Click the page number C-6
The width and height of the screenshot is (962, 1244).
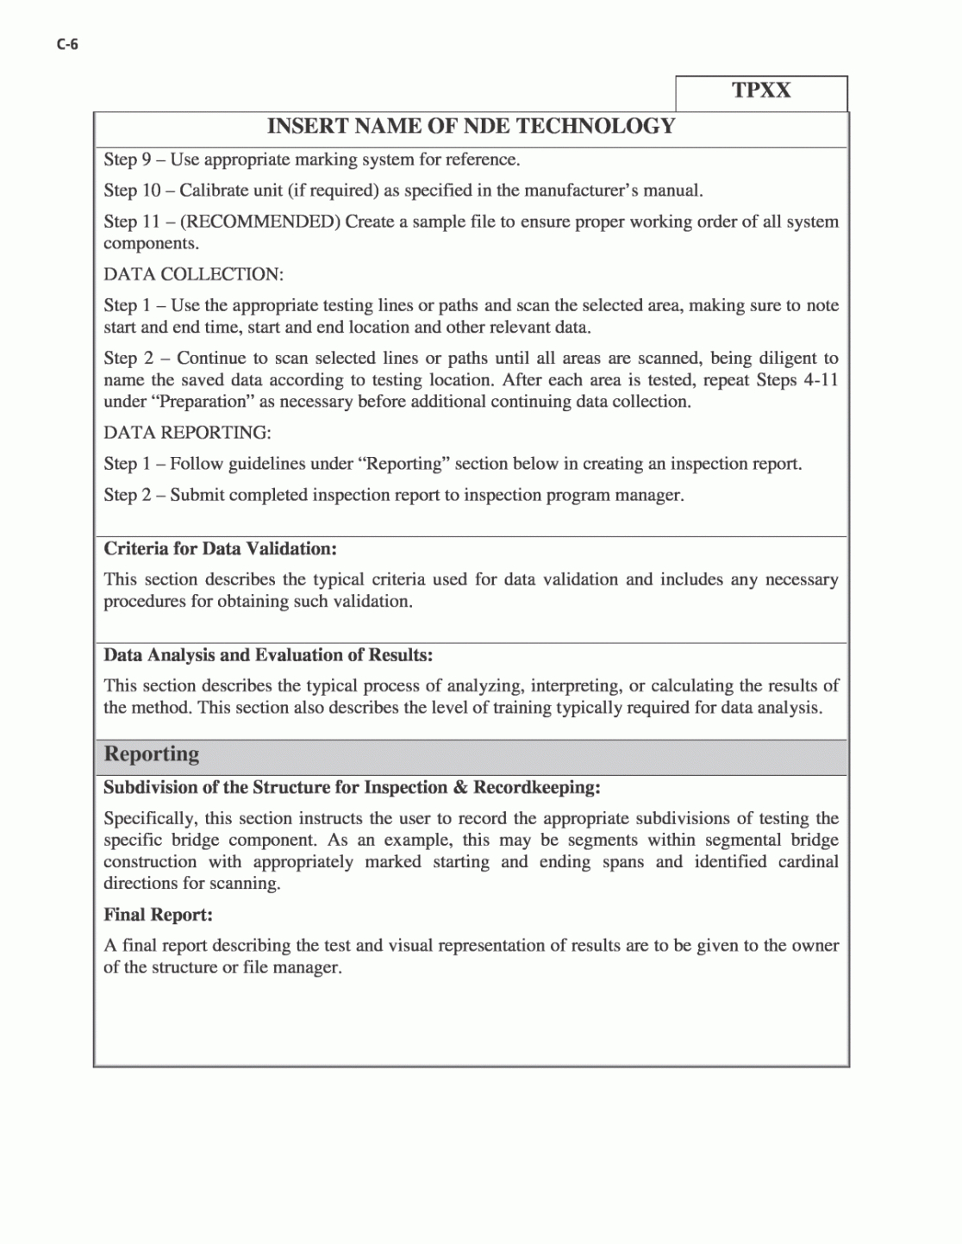coord(67,45)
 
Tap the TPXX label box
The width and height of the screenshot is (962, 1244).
coord(761,91)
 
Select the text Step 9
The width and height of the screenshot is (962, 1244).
coord(127,159)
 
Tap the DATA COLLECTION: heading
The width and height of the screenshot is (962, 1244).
coord(193,274)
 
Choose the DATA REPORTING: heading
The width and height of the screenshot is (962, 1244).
coord(187,433)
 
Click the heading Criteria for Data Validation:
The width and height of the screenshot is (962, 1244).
coord(220,549)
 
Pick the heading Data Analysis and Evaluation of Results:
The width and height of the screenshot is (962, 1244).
coord(268,655)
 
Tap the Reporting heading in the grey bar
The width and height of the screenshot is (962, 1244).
coord(152,754)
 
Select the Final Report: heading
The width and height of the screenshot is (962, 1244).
coord(158,915)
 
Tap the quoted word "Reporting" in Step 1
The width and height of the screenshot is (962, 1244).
coord(405,464)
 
